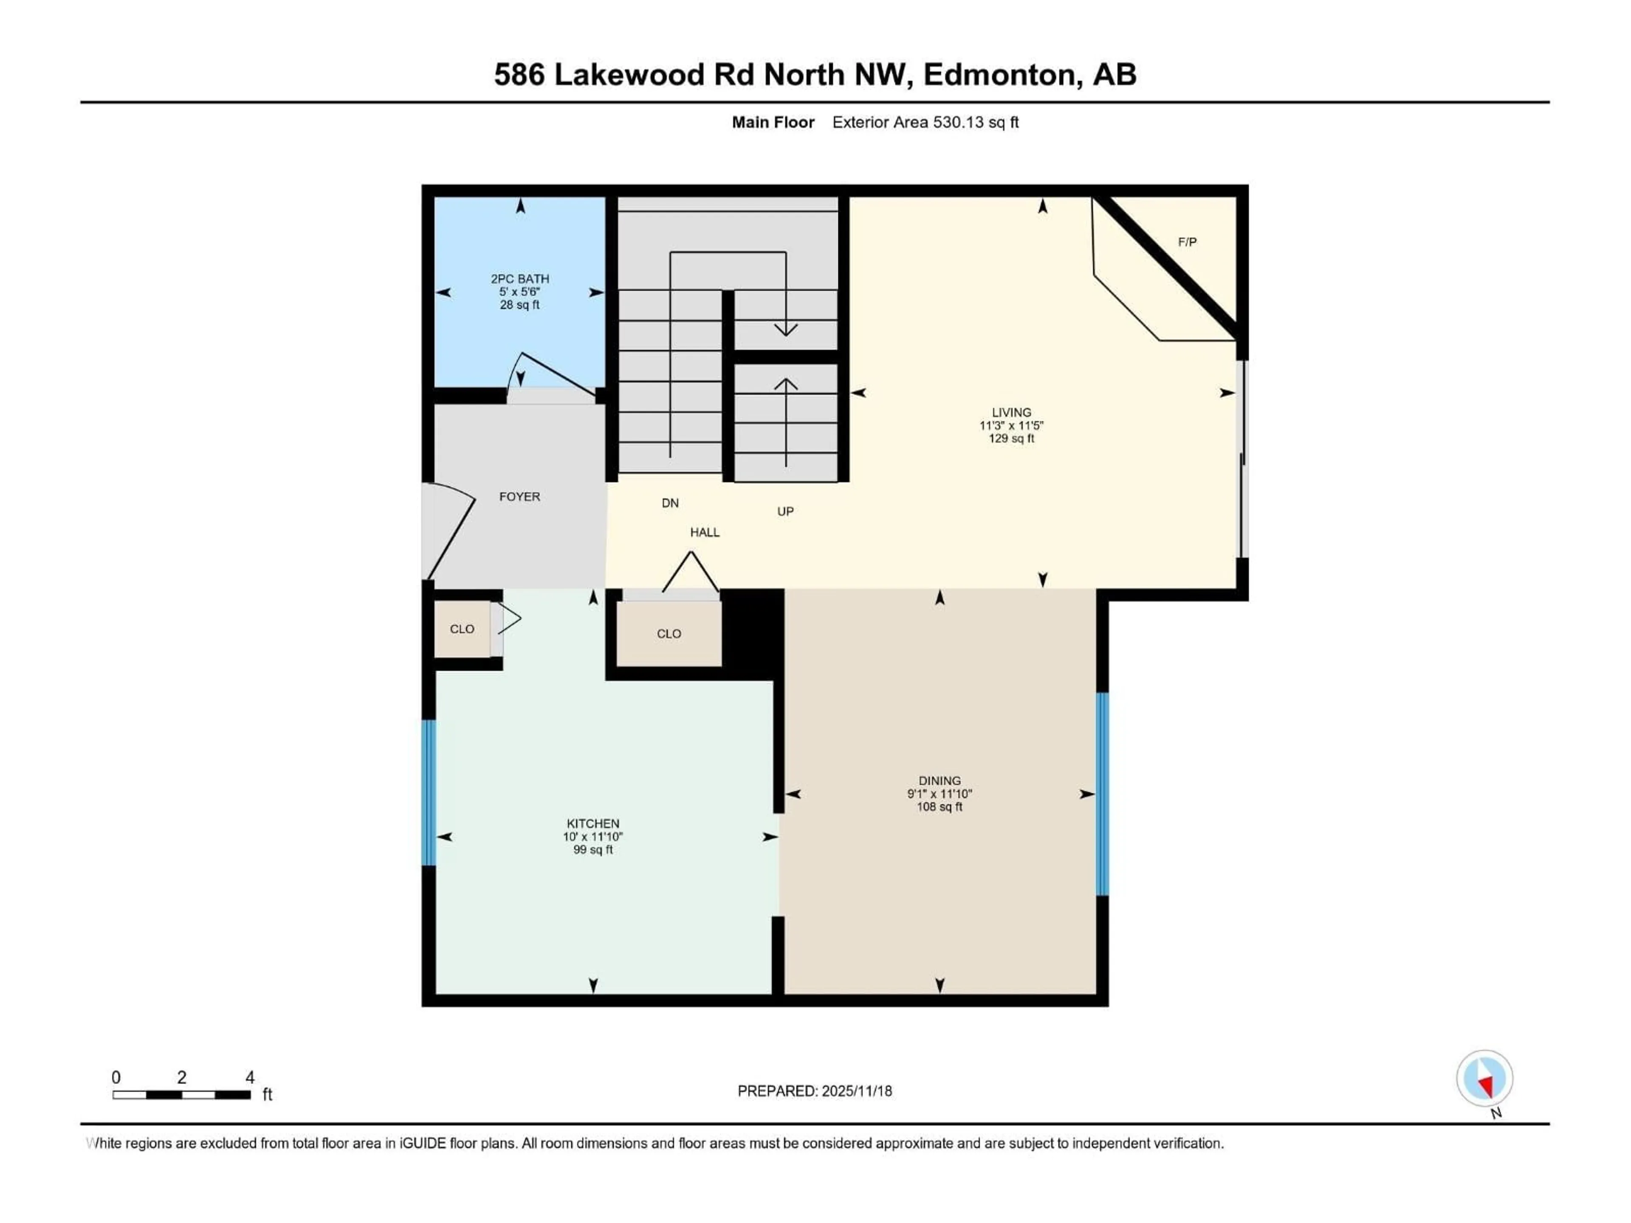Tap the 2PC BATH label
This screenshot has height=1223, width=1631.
click(520, 279)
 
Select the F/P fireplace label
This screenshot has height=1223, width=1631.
click(1186, 242)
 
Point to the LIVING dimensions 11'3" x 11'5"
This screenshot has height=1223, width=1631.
click(1011, 426)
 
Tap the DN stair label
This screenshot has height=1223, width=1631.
click(669, 503)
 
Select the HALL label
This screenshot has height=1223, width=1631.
click(704, 532)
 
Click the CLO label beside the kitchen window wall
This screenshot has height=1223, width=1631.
click(462, 629)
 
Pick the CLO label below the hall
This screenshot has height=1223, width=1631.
click(669, 633)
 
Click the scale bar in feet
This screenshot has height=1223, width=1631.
click(181, 1095)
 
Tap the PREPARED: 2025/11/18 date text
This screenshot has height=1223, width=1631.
click(814, 1091)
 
